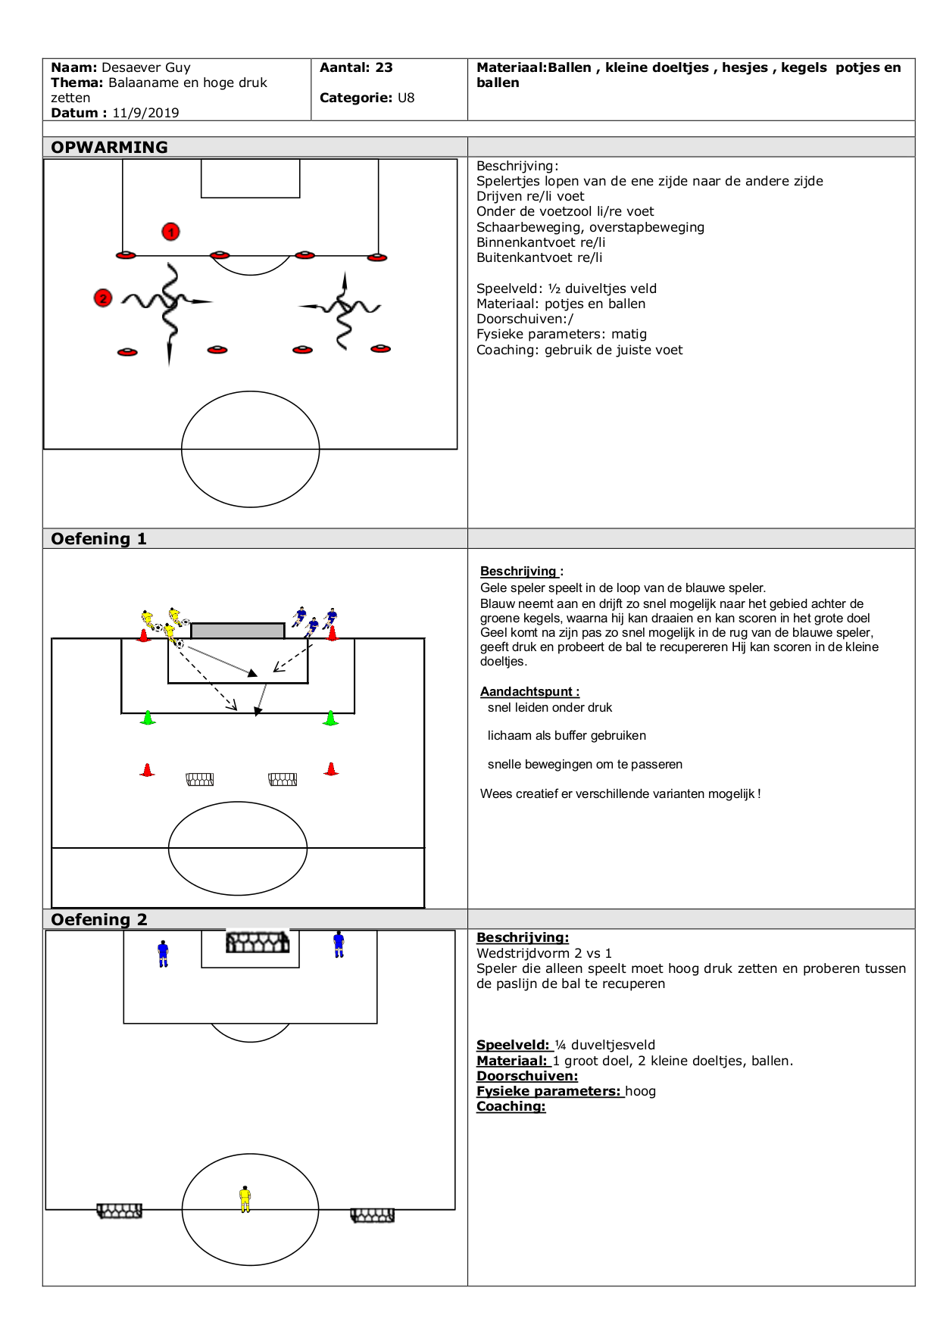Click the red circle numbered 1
(171, 232)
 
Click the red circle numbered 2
(103, 298)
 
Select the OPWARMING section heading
(110, 147)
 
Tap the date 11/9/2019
(145, 113)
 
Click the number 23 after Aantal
(384, 67)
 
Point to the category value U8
(406, 98)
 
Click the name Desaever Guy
(146, 67)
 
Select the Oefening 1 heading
(98, 538)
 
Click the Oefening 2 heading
(98, 919)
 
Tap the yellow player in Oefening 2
(245, 1199)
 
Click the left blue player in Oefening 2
(163, 953)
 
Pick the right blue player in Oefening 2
(339, 944)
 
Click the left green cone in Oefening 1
(148, 717)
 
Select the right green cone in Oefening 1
(330, 718)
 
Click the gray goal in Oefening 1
(238, 631)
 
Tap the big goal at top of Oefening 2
(258, 942)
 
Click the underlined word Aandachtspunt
(527, 691)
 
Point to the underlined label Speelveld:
(512, 1045)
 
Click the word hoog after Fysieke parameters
(640, 1091)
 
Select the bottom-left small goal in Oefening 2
(120, 1211)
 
